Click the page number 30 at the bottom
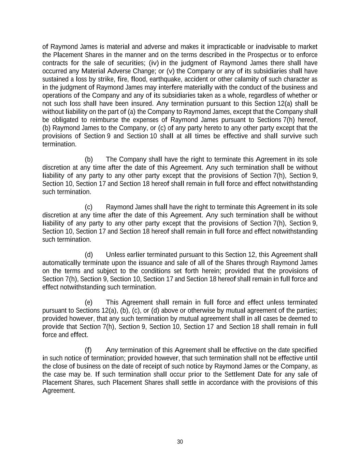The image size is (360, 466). pos(180,442)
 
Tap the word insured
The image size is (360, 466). pos(143,103)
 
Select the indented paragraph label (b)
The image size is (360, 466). pos(89,159)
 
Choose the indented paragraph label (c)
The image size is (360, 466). pos(89,207)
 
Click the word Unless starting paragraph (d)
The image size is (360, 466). pos(115,255)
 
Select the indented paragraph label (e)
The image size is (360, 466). pos(89,302)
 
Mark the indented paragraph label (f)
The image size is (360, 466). pos(88,350)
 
